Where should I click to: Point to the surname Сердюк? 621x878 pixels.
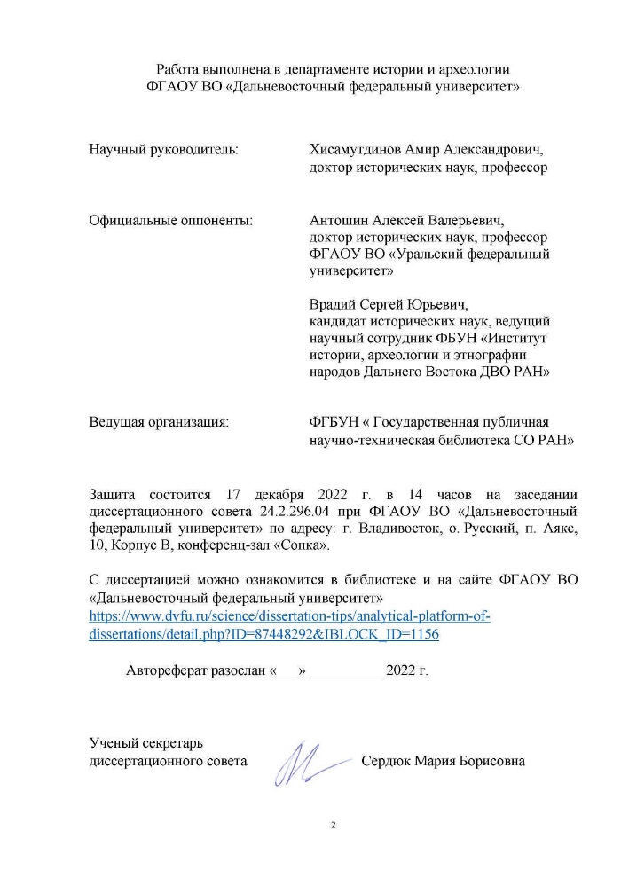click(386, 761)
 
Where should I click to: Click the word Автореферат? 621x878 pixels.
click(173, 670)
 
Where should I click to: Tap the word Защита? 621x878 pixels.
click(114, 494)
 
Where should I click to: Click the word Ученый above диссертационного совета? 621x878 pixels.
click(114, 743)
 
